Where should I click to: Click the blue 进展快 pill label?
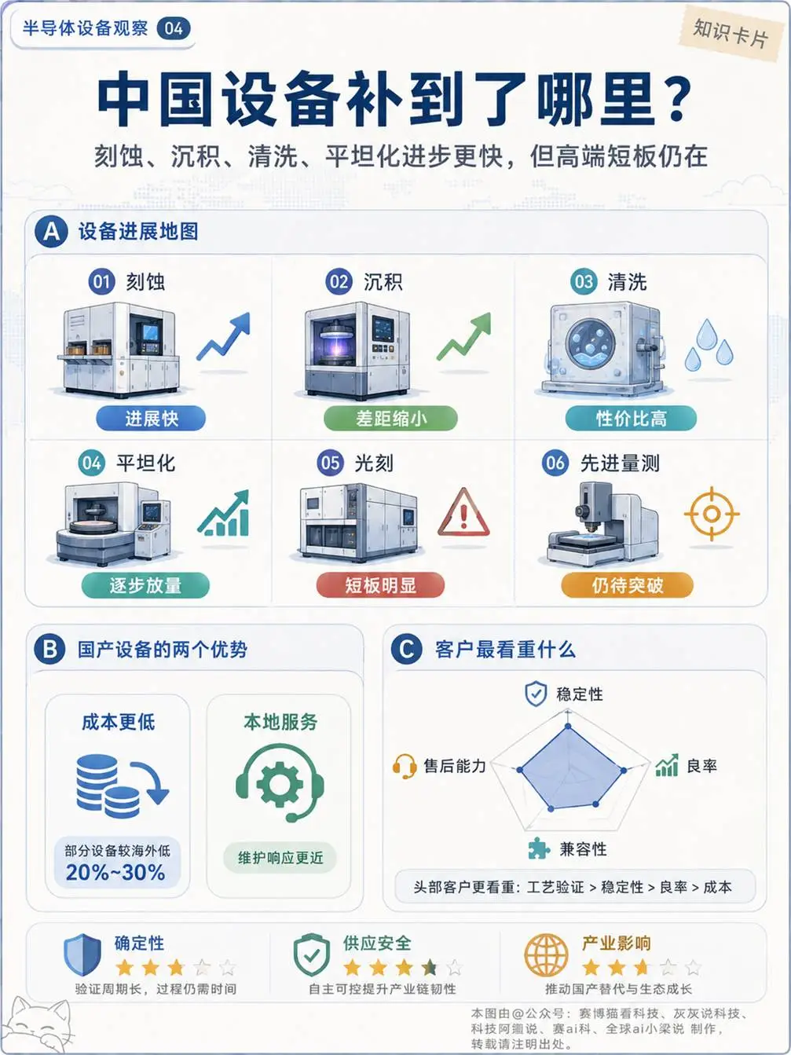pyautogui.click(x=150, y=418)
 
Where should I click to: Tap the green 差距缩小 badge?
pyautogui.click(x=390, y=418)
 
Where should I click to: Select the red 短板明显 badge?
pyautogui.click(x=380, y=585)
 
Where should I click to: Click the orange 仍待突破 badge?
pyautogui.click(x=627, y=585)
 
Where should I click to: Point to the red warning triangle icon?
pyautogui.click(x=463, y=513)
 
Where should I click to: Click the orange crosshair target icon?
pyautogui.click(x=712, y=515)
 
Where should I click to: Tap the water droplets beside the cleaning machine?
pyautogui.click(x=709, y=344)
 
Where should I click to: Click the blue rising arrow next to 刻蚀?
pyautogui.click(x=224, y=336)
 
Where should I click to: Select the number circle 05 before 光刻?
pyautogui.click(x=330, y=463)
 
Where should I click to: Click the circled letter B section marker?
pyautogui.click(x=50, y=650)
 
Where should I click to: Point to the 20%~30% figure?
pyautogui.click(x=115, y=872)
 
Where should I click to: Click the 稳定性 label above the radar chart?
pyautogui.click(x=580, y=694)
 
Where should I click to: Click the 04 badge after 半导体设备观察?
pyautogui.click(x=174, y=29)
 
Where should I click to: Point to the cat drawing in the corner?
pyautogui.click(x=37, y=1024)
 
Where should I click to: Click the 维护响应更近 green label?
pyautogui.click(x=280, y=857)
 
